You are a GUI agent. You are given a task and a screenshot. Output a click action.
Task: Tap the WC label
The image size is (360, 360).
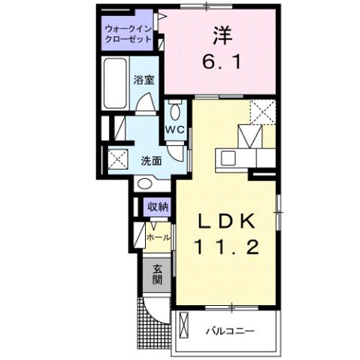(x=175, y=129)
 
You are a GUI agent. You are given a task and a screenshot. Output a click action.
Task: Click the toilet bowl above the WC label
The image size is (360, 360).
(x=175, y=111)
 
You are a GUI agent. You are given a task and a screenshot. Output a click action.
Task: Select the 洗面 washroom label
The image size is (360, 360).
(x=151, y=160)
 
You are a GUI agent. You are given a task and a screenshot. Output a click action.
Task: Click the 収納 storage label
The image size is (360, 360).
(x=157, y=207)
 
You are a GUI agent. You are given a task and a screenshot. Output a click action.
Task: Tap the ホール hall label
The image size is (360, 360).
(x=158, y=237)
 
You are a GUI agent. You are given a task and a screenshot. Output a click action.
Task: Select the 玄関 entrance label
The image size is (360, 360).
(x=157, y=274)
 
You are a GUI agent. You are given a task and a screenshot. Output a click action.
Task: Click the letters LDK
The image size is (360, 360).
(x=228, y=222)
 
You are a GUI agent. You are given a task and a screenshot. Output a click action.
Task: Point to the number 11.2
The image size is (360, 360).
(x=228, y=247)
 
